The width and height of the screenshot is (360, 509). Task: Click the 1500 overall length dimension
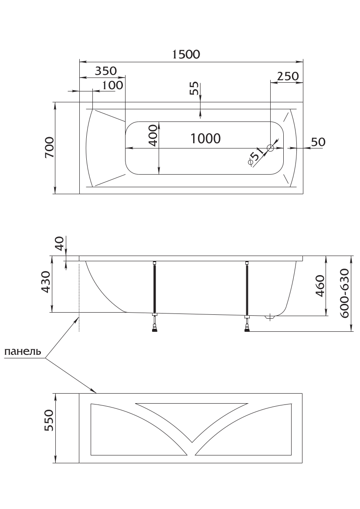[x=186, y=54]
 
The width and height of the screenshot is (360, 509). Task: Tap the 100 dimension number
[x=113, y=85]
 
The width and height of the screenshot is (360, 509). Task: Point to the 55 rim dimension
[x=194, y=88]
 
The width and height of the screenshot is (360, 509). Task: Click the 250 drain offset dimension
[x=288, y=76]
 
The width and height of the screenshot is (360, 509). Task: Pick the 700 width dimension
[x=49, y=148]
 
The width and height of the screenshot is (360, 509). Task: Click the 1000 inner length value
[x=206, y=138]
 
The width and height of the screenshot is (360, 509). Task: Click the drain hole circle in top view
[x=270, y=148]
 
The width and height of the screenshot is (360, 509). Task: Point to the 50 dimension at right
[x=318, y=142]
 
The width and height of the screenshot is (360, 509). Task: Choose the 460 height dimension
[x=319, y=286]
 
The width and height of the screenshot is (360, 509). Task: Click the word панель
[x=23, y=351]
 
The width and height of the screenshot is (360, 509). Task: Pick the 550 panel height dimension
[x=48, y=420]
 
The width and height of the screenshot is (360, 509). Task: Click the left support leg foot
[x=155, y=327]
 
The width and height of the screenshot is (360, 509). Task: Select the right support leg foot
[x=248, y=328]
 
